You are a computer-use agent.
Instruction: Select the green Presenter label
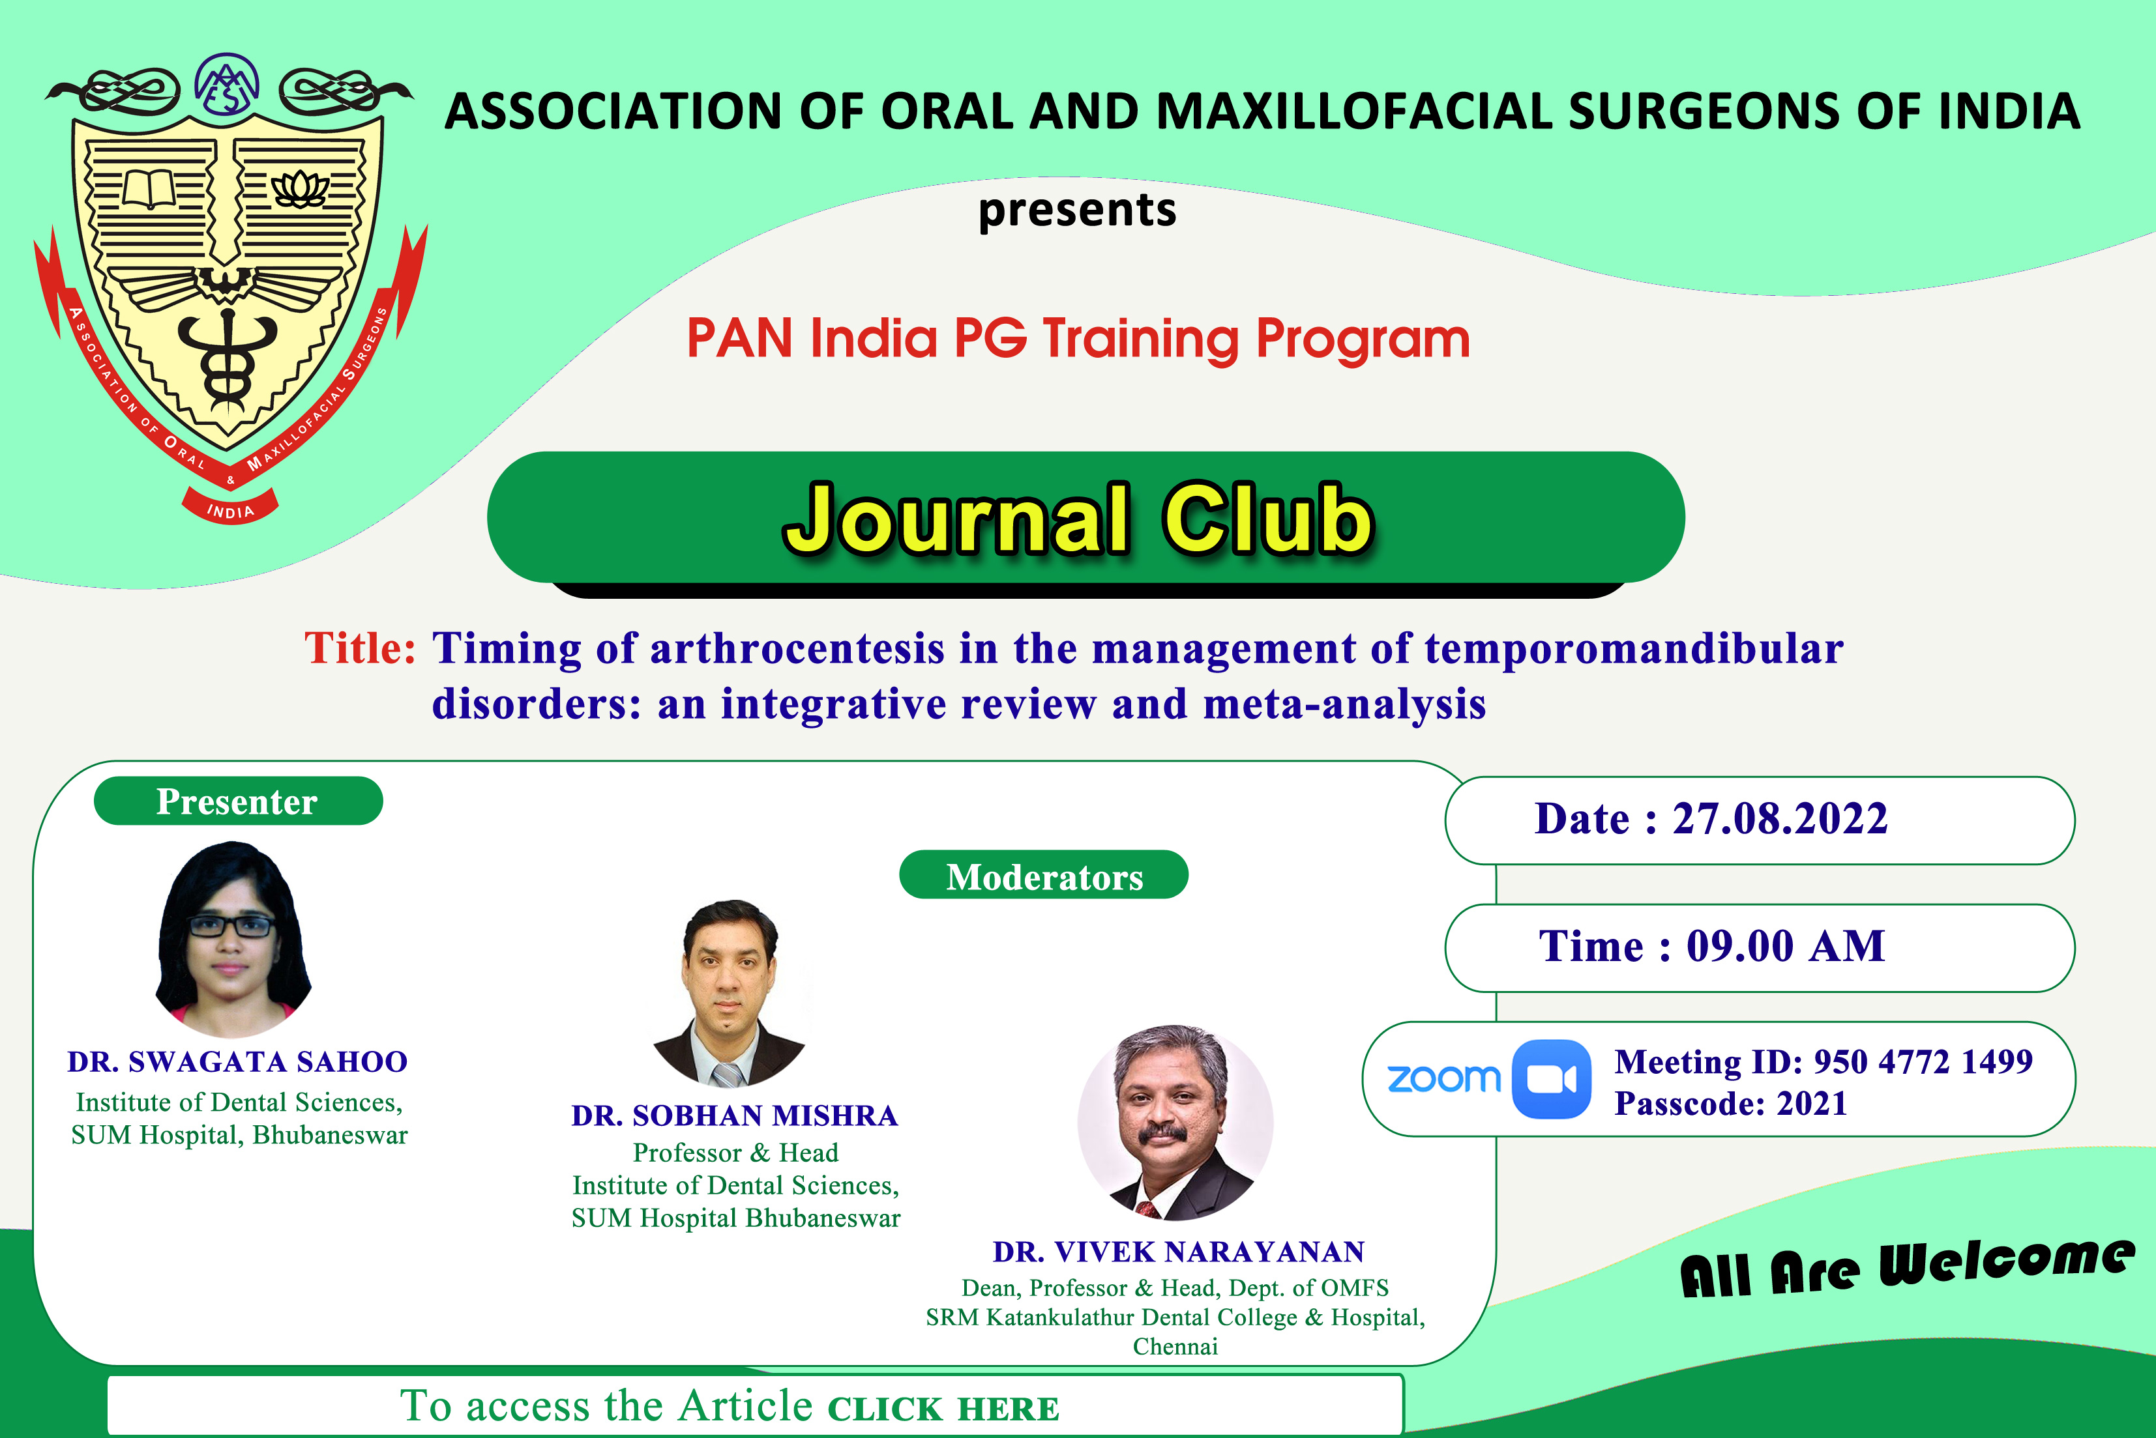pyautogui.click(x=237, y=801)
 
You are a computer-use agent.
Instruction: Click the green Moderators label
pyautogui.click(x=1043, y=876)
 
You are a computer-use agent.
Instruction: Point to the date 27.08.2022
pyautogui.click(x=1779, y=818)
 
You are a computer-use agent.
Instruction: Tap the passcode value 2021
pyautogui.click(x=1811, y=1103)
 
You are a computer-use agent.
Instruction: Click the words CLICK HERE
pyautogui.click(x=943, y=1409)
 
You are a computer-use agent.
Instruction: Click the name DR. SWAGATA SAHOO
pyautogui.click(x=237, y=1061)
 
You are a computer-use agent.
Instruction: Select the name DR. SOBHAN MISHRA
pyautogui.click(x=735, y=1115)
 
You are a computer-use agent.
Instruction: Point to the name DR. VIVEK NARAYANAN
pyautogui.click(x=1179, y=1252)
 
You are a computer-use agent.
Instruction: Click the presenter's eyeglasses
pyautogui.click(x=231, y=927)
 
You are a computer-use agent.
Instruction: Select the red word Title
pyautogui.click(x=361, y=648)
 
